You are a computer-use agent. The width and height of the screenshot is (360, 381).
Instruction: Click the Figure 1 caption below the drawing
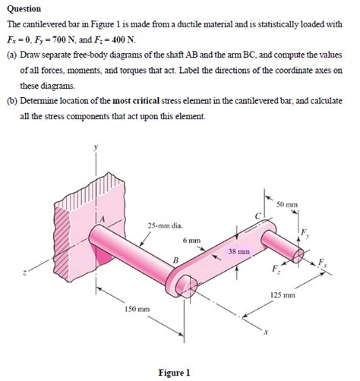174,373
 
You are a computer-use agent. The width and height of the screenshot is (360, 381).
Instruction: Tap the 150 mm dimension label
137,310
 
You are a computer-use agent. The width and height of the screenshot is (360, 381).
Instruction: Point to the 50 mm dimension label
287,205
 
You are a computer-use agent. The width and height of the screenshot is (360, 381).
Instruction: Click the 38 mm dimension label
239,250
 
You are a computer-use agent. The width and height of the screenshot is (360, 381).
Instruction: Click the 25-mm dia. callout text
166,225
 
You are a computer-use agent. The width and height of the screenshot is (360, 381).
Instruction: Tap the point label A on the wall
97,219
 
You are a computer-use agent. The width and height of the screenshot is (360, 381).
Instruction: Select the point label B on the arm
175,261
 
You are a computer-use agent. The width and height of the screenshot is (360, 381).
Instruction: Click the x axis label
266,332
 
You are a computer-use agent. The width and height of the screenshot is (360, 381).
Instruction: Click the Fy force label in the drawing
305,231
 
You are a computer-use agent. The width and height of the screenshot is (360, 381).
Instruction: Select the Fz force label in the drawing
275,270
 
